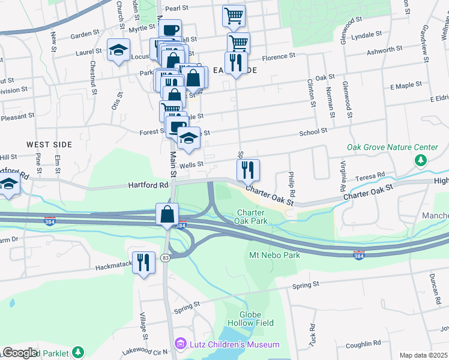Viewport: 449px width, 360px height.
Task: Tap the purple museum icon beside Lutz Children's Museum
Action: (x=179, y=344)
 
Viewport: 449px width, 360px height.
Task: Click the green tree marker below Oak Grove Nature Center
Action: (x=421, y=160)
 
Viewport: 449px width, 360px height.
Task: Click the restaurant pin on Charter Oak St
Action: (x=248, y=170)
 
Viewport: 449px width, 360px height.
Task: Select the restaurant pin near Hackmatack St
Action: (x=143, y=262)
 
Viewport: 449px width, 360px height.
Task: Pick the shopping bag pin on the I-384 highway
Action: (x=167, y=214)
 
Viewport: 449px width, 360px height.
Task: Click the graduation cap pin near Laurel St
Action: (x=119, y=49)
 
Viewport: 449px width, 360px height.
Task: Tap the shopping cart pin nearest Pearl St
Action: (x=234, y=16)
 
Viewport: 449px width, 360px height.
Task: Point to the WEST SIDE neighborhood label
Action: (x=49, y=145)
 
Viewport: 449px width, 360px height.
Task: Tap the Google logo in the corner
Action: (x=19, y=353)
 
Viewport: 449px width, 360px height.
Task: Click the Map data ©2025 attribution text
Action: (x=423, y=355)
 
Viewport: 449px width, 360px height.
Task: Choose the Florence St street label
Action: (x=280, y=56)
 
